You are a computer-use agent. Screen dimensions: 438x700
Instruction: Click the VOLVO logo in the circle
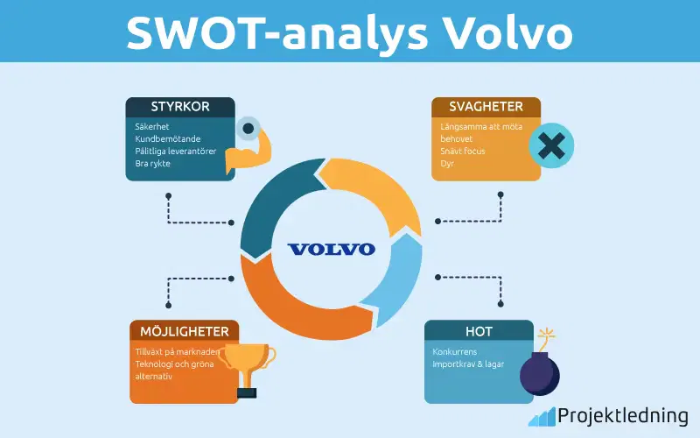point(332,249)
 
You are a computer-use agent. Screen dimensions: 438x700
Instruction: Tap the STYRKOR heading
point(180,108)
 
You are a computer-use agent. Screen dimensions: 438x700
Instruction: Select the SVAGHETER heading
point(486,107)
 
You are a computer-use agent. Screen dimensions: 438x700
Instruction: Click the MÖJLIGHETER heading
point(185,331)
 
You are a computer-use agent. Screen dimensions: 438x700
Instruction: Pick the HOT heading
point(479,331)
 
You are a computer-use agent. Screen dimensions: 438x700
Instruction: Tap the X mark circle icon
point(551,145)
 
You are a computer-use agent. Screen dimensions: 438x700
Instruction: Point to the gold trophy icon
point(248,365)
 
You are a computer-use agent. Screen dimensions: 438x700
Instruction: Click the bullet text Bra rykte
point(153,163)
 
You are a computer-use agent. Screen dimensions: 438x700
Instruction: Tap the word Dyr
point(447,163)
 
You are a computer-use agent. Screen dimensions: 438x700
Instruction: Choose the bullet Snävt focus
point(463,151)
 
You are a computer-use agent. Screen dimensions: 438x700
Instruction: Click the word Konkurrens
point(455,351)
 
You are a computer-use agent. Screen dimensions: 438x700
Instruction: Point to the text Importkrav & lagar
point(468,364)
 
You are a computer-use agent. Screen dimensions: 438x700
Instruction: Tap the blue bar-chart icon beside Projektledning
point(540,416)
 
